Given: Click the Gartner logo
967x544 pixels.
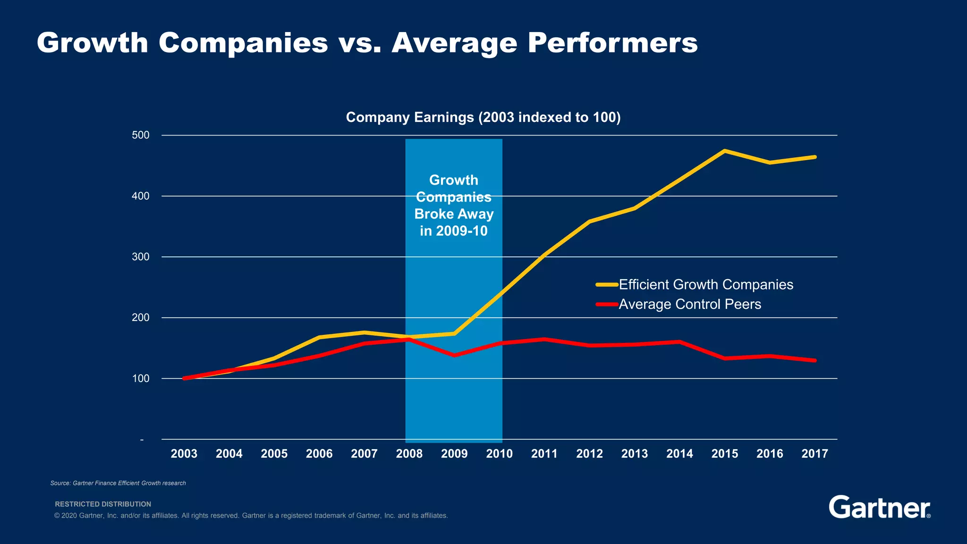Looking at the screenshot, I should [x=879, y=508].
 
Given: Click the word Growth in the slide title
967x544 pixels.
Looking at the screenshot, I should [x=93, y=43].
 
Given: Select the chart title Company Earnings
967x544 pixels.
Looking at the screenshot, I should [x=483, y=117].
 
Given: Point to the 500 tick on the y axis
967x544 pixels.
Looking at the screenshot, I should [x=141, y=136].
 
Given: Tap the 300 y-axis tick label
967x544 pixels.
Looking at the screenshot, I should [x=141, y=257].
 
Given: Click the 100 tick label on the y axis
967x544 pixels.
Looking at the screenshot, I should [x=141, y=379].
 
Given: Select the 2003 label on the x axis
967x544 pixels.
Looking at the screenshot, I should [x=184, y=454].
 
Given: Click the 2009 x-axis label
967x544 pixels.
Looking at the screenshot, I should [x=454, y=454].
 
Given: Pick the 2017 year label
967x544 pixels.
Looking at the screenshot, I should [x=814, y=454].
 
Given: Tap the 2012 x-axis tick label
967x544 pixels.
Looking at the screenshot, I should [x=589, y=454].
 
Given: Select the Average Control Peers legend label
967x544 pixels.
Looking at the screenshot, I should [x=689, y=304].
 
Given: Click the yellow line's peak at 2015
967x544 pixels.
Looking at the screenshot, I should [x=724, y=151].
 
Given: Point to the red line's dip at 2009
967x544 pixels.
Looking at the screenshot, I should [x=454, y=355].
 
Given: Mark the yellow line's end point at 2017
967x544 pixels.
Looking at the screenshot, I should [x=815, y=157].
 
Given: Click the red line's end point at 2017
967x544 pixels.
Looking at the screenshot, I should [x=815, y=360].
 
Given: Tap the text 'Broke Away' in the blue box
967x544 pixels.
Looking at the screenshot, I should [x=454, y=214].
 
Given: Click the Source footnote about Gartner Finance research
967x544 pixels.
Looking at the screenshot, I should [x=118, y=483].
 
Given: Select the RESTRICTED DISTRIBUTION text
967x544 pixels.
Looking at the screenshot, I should [x=103, y=504].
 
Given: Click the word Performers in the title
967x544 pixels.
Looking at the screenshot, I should [x=612, y=43].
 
